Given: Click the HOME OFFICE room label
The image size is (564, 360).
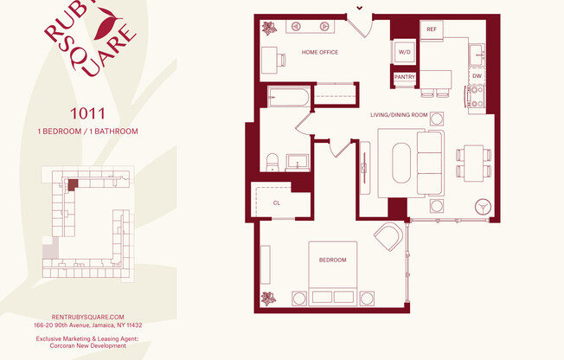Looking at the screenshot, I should [x=319, y=53].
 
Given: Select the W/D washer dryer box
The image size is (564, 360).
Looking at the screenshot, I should [x=404, y=53].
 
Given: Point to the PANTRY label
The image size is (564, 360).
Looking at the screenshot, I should [x=405, y=77].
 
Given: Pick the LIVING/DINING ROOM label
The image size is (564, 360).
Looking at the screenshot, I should [x=399, y=114].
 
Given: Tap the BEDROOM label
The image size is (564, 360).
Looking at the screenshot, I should [x=332, y=260].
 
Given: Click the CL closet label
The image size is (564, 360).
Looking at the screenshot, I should [x=277, y=202].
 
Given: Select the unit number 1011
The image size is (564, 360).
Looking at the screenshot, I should [x=87, y=112].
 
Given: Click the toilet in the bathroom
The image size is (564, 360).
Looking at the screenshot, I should [x=272, y=161].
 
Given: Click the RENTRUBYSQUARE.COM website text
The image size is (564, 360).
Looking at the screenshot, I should [x=87, y=317].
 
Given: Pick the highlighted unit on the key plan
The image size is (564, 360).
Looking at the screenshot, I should [x=74, y=183].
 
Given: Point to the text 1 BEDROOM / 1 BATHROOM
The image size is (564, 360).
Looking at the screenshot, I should [x=87, y=132].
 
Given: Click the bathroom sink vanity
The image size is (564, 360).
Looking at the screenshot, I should [x=298, y=161].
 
